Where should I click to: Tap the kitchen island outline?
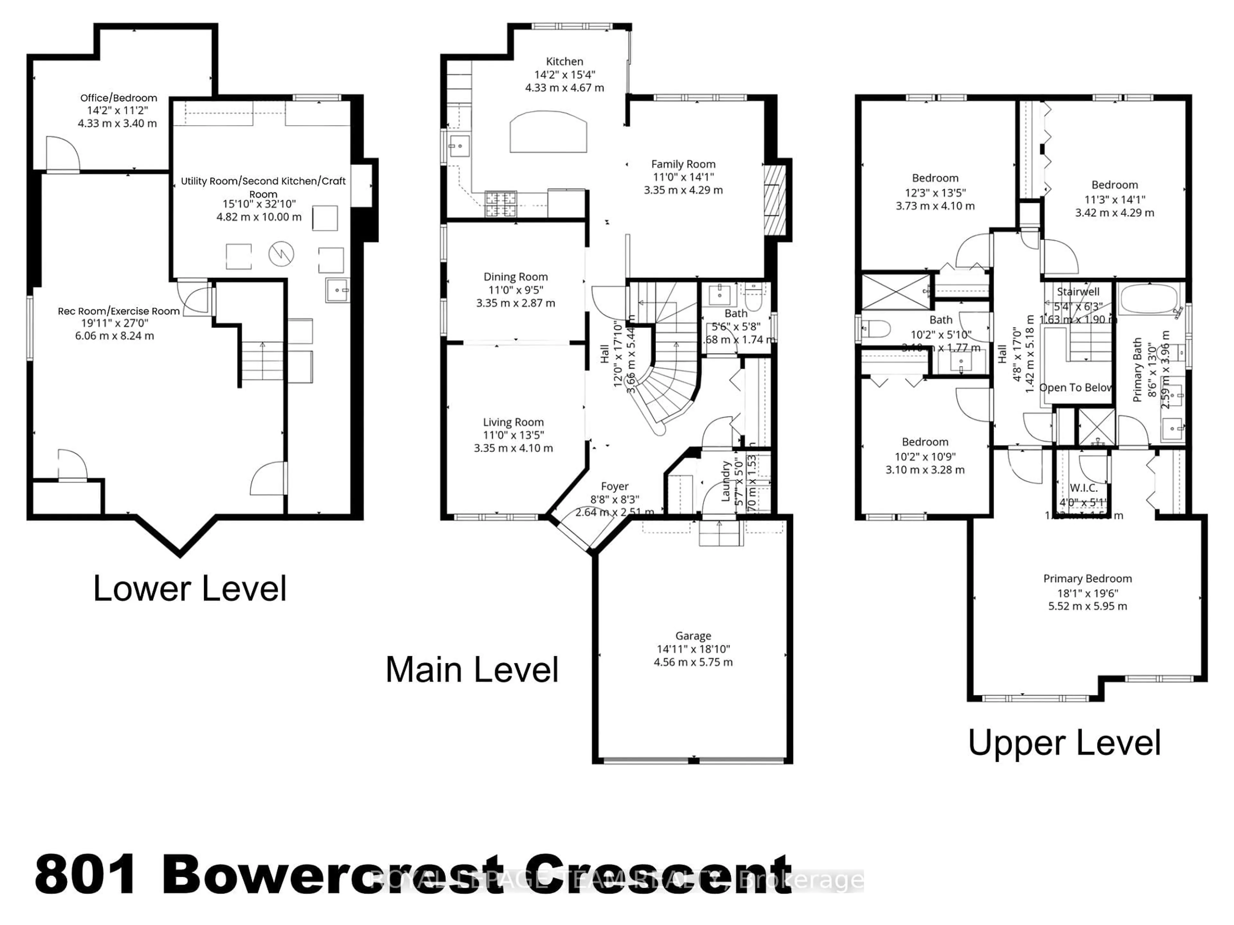548,132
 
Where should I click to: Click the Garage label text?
693,636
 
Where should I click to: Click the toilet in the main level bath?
753,298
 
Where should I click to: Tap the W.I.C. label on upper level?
1083,488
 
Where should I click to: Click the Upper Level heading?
1064,743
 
